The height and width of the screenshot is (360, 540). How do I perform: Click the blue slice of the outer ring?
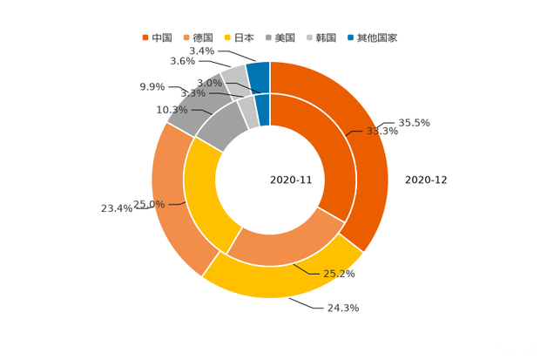[258, 72]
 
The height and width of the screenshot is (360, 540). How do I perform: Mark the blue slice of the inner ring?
[262, 105]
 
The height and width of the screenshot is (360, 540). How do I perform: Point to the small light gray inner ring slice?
[247, 111]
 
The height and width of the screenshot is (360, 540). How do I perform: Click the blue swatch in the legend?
[350, 37]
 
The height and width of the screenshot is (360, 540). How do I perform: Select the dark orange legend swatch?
[145, 37]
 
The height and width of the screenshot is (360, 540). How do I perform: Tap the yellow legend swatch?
[228, 37]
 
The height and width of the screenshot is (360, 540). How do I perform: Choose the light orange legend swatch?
[186, 37]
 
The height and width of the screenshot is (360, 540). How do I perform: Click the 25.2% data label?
[340, 274]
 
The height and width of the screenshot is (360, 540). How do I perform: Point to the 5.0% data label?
[208, 83]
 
